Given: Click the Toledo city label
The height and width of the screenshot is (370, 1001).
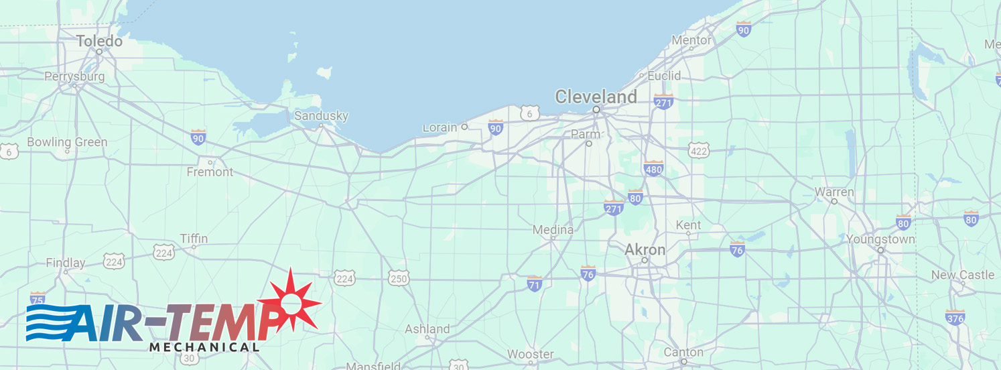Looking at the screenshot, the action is [x=99, y=42].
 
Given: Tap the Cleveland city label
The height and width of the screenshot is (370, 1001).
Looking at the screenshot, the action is [x=596, y=97].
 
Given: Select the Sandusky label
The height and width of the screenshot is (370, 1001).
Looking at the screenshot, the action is [x=322, y=116].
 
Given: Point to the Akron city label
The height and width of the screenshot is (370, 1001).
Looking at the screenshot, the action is [x=645, y=250].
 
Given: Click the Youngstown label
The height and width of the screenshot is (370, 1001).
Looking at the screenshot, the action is [x=880, y=239].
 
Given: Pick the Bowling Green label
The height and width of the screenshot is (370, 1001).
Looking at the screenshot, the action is [x=67, y=142].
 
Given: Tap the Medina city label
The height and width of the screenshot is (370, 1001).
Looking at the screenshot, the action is [x=553, y=230].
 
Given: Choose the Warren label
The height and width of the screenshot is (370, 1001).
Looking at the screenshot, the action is [x=834, y=192].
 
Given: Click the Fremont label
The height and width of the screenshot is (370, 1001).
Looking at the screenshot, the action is [x=210, y=172].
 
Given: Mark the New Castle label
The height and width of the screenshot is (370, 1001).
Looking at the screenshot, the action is [x=963, y=275].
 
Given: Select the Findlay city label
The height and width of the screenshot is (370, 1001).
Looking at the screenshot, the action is [x=66, y=263].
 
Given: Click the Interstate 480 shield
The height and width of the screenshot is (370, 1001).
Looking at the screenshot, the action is [x=653, y=168].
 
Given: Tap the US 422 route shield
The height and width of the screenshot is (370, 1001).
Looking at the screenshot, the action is [x=698, y=151].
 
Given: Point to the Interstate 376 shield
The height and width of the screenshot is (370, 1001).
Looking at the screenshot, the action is [x=955, y=317].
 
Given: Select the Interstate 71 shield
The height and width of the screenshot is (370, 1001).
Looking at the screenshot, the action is [x=535, y=284].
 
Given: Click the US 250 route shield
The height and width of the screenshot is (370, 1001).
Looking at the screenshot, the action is [x=398, y=278].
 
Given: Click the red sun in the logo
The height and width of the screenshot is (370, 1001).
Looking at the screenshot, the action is [x=291, y=303].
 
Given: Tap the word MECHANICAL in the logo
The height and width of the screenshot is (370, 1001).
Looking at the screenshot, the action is [x=204, y=347].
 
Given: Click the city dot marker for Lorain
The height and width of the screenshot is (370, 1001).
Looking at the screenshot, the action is [x=464, y=127].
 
